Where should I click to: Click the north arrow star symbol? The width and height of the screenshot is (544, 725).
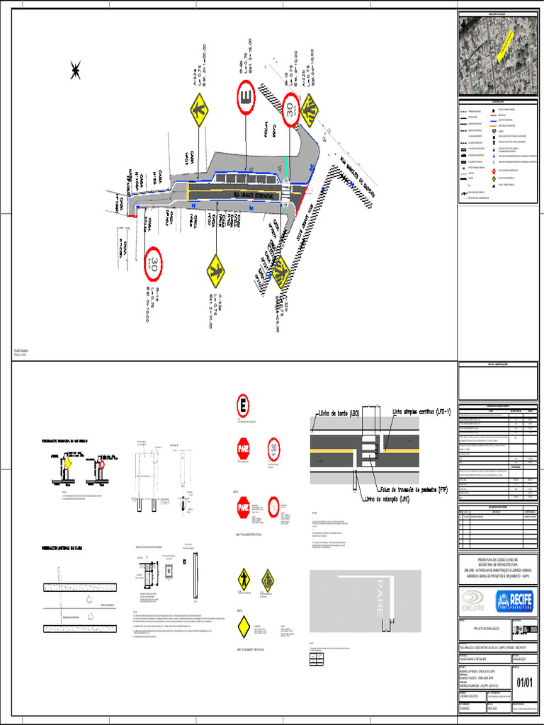pos(75,70)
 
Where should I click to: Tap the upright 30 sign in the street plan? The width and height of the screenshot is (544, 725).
pos(290,109)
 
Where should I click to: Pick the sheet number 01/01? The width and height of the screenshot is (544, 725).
pos(524,683)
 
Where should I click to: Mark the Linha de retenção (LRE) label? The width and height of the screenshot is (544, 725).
pos(386,499)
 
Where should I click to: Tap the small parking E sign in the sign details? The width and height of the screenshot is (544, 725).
pos(243,406)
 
